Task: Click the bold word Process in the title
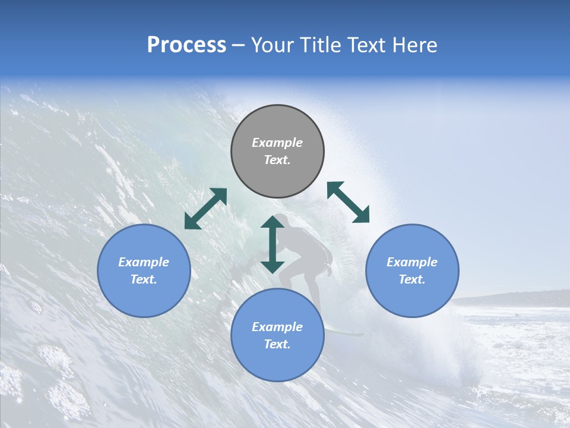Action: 186,45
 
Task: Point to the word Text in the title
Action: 372,45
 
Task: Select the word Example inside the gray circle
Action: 277,143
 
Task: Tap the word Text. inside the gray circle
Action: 277,160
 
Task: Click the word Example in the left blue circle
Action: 144,262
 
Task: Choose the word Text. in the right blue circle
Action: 412,279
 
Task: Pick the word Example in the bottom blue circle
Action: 277,327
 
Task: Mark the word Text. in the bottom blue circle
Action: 277,344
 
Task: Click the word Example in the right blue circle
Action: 412,262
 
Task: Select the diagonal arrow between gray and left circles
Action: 205,209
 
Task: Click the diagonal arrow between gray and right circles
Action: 348,202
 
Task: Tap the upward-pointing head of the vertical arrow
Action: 273,222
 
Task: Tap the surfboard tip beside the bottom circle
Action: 356,334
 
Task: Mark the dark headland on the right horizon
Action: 522,298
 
